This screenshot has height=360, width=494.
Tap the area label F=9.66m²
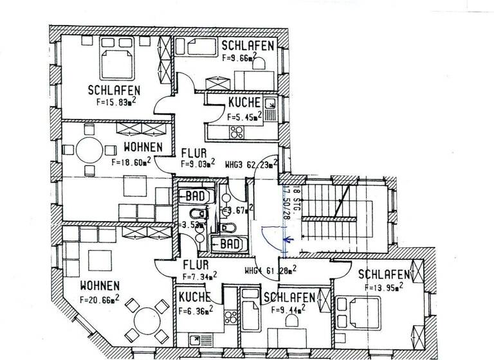click(239, 58)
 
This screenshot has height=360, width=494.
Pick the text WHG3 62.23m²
click(251, 165)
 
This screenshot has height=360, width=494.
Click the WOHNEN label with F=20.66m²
click(99, 285)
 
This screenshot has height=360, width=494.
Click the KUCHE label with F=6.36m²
click(195, 297)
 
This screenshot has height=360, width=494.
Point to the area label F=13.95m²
click(383, 287)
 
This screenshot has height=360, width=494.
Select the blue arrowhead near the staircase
click(288, 242)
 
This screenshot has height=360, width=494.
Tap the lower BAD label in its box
click(228, 244)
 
